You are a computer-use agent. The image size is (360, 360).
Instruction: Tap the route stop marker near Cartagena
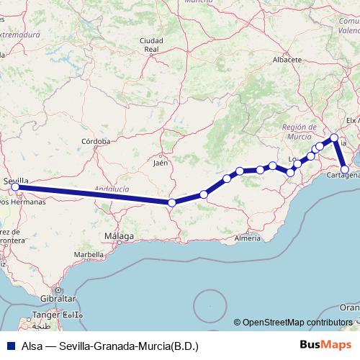pos(346,171)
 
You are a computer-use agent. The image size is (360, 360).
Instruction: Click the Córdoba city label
pos(96,142)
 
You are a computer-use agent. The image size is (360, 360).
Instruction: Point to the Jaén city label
pos(161,163)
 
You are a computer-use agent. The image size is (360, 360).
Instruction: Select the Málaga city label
pos(119,236)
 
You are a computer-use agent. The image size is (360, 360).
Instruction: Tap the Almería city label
pos(247,238)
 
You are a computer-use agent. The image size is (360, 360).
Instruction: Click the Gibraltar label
pos(58,298)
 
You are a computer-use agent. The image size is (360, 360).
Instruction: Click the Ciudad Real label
pos(150,45)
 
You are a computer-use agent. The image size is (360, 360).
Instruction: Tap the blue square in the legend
pos(9,345)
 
